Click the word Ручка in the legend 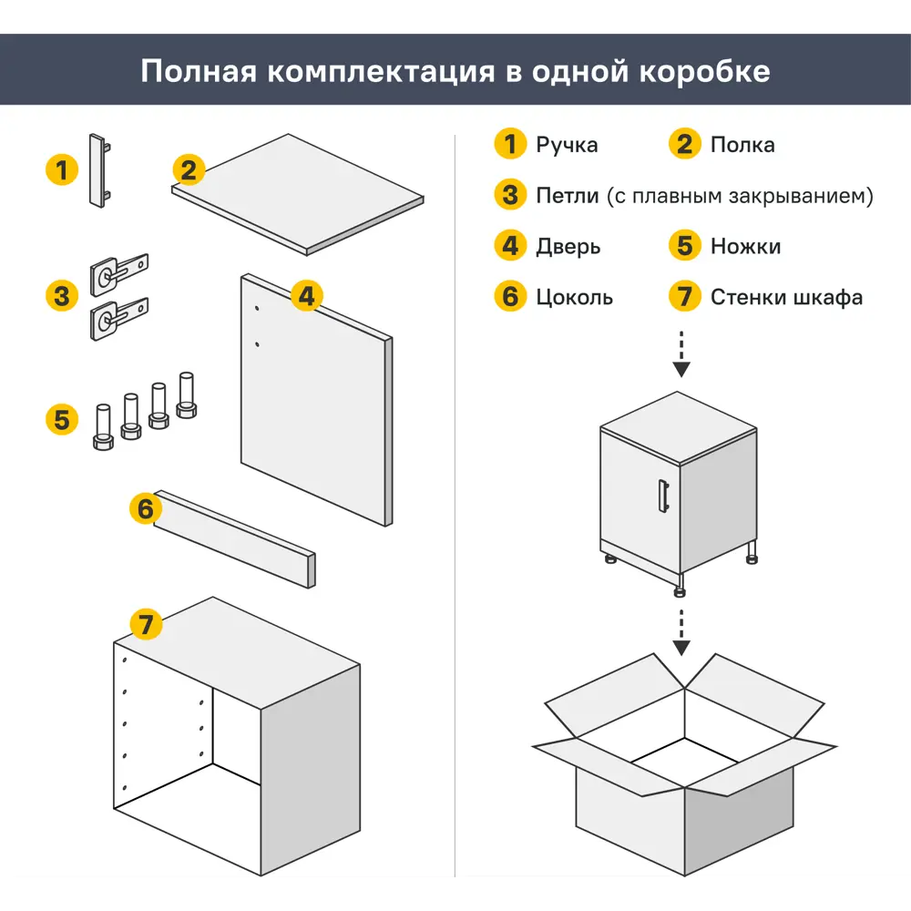coord(567,145)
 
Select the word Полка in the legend coord(742,145)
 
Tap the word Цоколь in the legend coord(574,298)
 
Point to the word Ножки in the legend coord(745,247)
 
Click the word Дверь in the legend coord(568,247)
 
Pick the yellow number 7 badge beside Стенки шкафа coord(684,297)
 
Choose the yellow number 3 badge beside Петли coord(510,195)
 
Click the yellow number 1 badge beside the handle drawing coord(61,169)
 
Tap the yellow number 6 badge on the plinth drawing coord(146,509)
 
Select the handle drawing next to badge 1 coord(99,171)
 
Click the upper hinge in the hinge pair coord(118,271)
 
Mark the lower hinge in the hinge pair coord(118,318)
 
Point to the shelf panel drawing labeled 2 coord(298,194)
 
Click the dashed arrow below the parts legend coord(681,353)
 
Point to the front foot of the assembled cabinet coord(680,587)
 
